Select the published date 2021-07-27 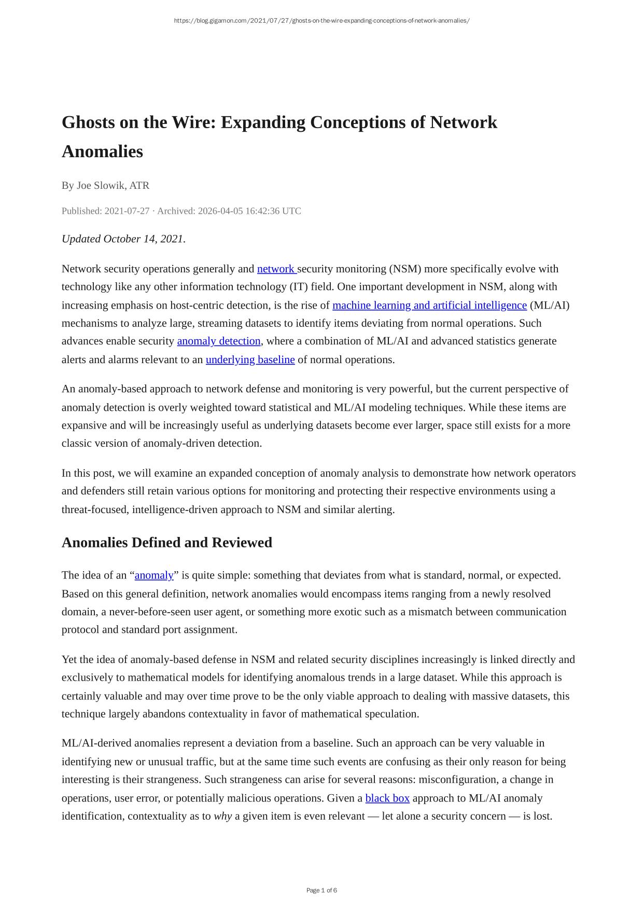(x=127, y=211)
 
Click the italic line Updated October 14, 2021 (x=123, y=239)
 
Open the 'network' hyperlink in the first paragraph (x=276, y=269)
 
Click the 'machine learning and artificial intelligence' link (x=429, y=306)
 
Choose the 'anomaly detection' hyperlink (x=219, y=341)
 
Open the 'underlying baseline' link (x=250, y=360)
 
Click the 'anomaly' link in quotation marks (x=154, y=575)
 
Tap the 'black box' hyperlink (x=387, y=798)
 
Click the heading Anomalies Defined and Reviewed (x=167, y=543)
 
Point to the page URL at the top (x=321, y=21)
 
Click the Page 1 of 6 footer (x=321, y=890)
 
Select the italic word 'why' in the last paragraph (x=223, y=817)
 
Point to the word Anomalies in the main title (x=102, y=152)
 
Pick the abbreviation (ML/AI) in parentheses (x=550, y=306)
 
